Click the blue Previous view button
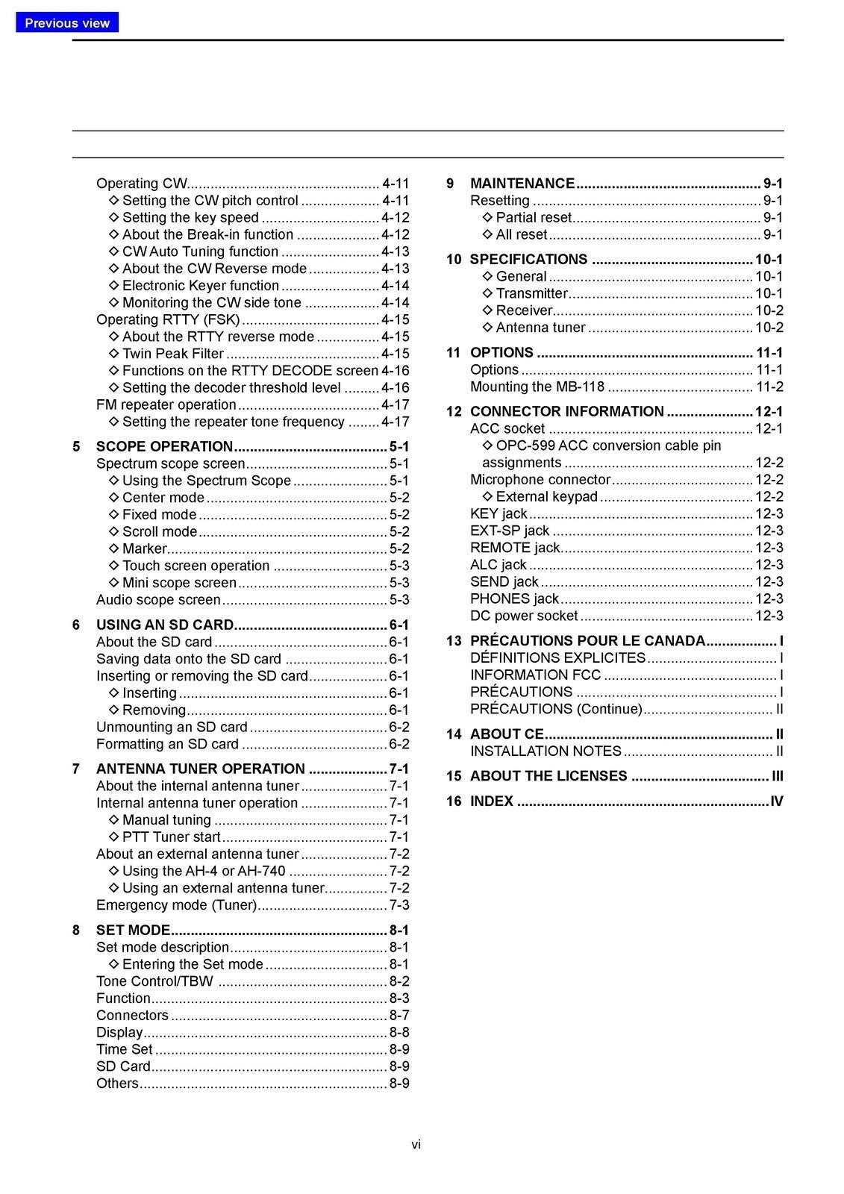click(67, 22)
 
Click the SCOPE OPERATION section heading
click(164, 446)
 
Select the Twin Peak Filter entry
click(172, 354)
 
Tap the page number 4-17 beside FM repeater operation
click(395, 404)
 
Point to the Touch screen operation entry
click(196, 566)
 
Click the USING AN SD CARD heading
click(164, 625)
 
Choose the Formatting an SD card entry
click(167, 744)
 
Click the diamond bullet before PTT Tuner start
click(114, 837)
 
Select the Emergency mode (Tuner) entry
click(176, 905)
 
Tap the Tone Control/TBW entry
click(154, 981)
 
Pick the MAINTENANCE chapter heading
click(522, 184)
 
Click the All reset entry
click(521, 234)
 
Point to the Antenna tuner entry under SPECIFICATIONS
click(540, 328)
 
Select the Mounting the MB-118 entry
click(537, 387)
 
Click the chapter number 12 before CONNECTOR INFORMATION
click(454, 412)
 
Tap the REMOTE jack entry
click(514, 548)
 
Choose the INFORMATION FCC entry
click(535, 675)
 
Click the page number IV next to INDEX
click(776, 801)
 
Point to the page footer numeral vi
click(416, 1144)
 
